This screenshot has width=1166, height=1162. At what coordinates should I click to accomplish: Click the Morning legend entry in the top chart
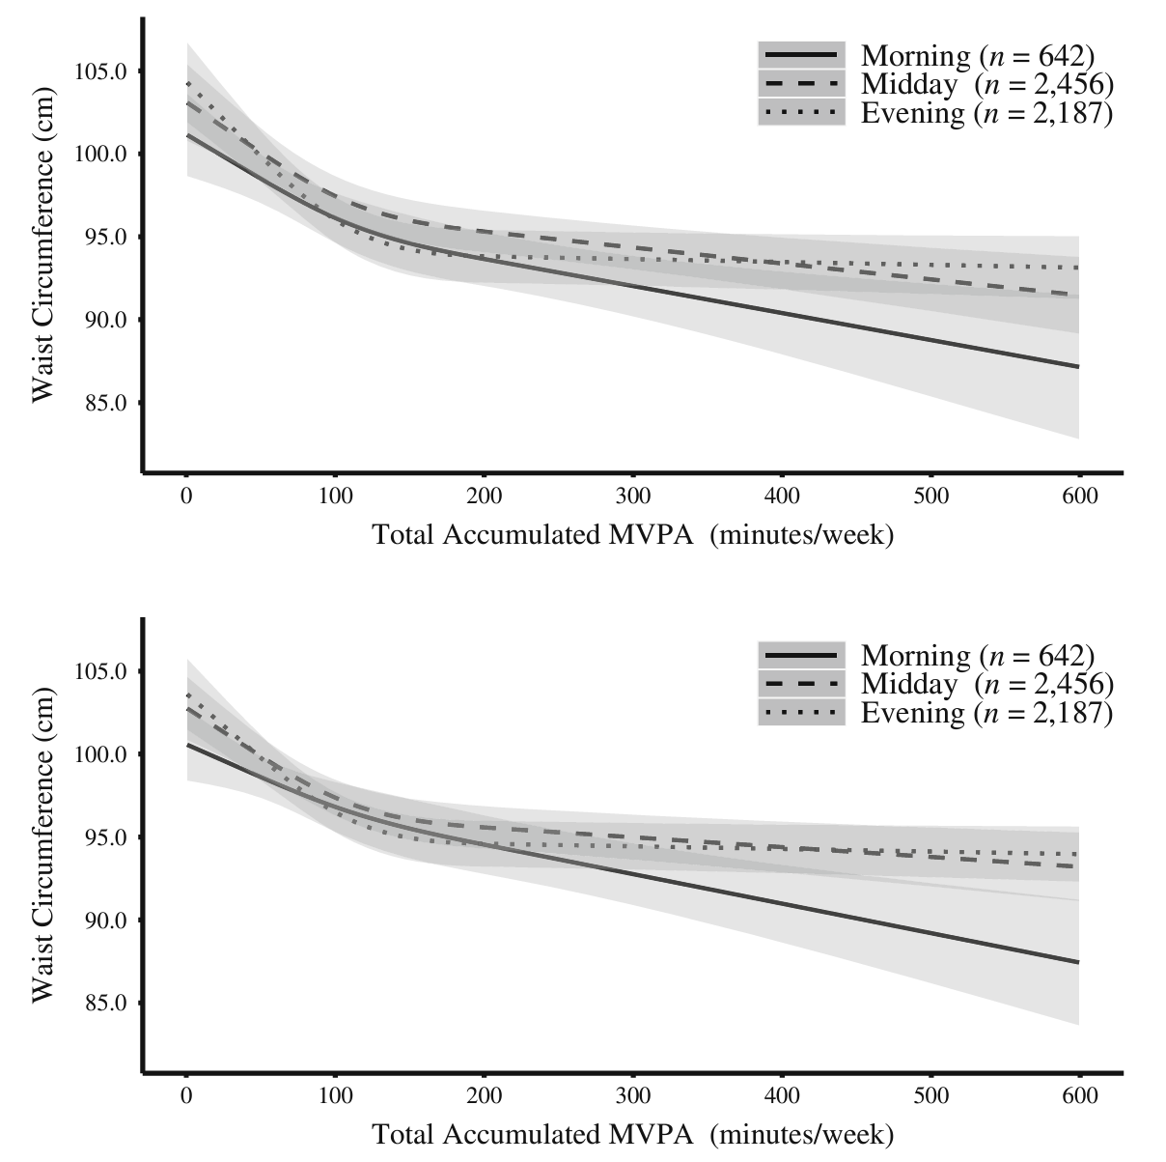pos(977,56)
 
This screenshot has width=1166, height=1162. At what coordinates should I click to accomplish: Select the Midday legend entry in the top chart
pos(986,85)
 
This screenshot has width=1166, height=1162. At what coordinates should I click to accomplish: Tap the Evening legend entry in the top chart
pos(986,114)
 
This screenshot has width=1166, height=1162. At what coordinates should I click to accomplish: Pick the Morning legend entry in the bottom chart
pos(977,656)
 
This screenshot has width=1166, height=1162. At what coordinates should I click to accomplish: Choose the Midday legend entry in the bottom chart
pos(986,685)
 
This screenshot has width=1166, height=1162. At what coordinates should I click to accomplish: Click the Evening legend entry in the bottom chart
pos(986,714)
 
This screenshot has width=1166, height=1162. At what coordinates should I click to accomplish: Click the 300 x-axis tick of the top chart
pos(633,496)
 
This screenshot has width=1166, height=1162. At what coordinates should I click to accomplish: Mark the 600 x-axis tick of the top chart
pos(1079,496)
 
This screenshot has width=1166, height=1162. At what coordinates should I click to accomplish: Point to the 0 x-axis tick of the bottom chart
pos(185,1096)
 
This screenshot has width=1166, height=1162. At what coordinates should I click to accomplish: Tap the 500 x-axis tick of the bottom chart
pos(930,1096)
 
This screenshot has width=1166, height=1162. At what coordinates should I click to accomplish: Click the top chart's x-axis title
pos(632,534)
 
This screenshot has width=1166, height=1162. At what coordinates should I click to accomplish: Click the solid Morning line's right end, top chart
pos(1078,366)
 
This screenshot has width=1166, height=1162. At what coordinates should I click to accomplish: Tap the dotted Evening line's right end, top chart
pos(1078,268)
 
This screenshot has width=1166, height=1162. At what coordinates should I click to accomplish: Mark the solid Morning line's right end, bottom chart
pos(1078,962)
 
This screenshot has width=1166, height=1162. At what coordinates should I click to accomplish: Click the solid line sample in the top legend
pos(801,56)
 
